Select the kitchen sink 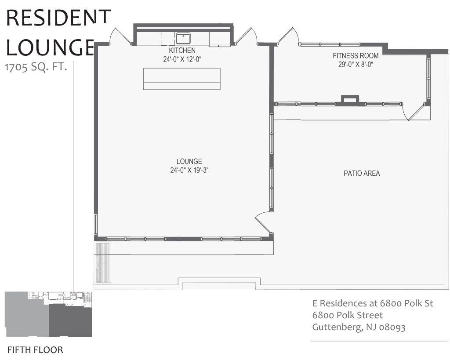183,38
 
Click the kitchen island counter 182,79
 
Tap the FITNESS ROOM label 352,56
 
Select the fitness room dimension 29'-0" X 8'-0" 353,64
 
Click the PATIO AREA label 362,174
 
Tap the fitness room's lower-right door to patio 414,112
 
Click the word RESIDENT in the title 58,19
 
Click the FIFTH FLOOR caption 35,350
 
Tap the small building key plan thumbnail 48,313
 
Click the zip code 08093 389,327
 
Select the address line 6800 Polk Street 347,315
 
